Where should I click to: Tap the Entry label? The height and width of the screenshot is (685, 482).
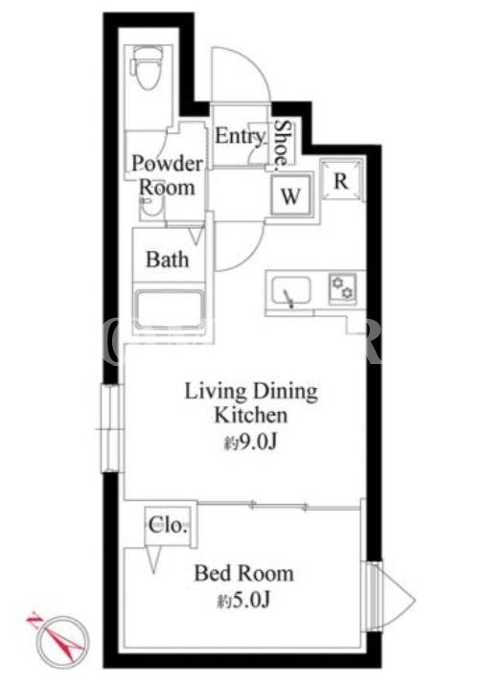[x=240, y=136]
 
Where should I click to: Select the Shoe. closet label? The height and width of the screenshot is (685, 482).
[x=283, y=146]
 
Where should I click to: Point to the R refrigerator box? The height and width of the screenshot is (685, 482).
[x=341, y=180]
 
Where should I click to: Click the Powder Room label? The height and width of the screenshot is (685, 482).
[x=167, y=175]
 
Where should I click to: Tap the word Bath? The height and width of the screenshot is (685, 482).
[x=168, y=260]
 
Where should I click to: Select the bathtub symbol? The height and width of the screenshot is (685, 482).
[x=169, y=308]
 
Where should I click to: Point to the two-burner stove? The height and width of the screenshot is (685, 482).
[x=342, y=287]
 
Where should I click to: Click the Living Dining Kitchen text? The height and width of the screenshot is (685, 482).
[x=251, y=402]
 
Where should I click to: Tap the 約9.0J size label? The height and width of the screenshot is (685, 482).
[x=250, y=443]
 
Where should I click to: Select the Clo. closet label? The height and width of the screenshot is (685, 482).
[x=168, y=525]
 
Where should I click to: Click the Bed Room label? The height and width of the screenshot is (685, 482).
[x=243, y=573]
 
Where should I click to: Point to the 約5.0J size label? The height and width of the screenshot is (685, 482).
[x=243, y=601]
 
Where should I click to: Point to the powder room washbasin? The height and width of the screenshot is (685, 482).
[x=151, y=209]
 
